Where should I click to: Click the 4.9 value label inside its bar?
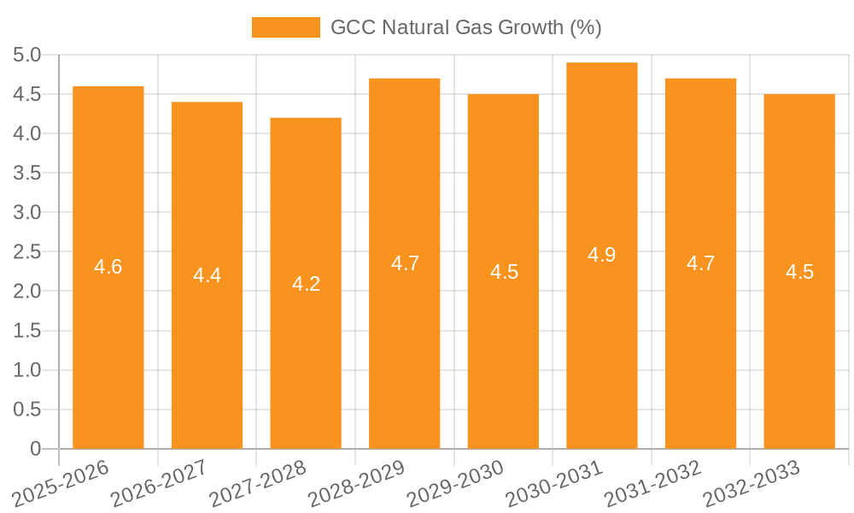[602, 255]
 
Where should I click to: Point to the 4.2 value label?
[306, 284]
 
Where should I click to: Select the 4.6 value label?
[108, 267]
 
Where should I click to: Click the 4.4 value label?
[207, 275]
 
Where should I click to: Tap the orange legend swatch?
[285, 27]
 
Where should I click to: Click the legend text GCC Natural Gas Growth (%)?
[466, 27]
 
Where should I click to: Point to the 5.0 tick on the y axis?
[27, 56]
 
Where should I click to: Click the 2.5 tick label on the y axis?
[27, 252]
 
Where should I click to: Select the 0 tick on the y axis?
[35, 449]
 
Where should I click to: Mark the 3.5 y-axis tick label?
[27, 174]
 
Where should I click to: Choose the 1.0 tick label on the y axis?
[27, 370]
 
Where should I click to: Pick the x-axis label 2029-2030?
[454, 484]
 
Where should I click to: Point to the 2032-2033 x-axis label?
[751, 484]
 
